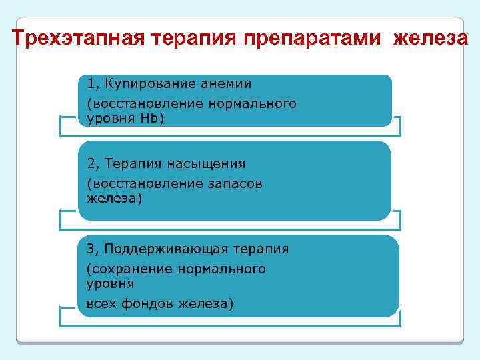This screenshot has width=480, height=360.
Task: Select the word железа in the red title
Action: click(x=431, y=39)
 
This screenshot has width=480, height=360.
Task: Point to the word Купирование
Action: click(x=142, y=84)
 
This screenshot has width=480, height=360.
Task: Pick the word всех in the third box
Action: click(x=100, y=304)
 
